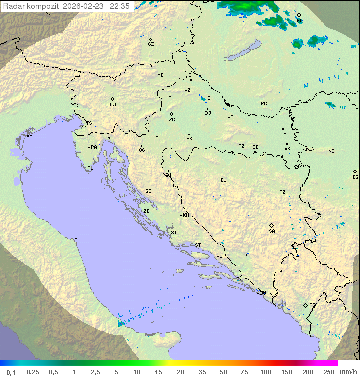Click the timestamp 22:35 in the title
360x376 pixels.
pos(120,6)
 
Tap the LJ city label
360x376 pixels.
pos(113,105)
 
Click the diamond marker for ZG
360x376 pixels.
pos(171,114)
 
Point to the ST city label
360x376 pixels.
pos(198,245)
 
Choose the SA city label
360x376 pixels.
pos(272,231)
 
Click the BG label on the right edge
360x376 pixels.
pos(355,177)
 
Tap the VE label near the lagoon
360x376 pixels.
pos(29,136)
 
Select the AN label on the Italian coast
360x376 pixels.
pos(77,240)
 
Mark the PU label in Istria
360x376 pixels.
pos(90,168)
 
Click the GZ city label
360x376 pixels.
pos(151,44)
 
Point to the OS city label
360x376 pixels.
pos(283,134)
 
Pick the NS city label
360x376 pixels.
pos(331,151)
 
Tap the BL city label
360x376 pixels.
pos(223,180)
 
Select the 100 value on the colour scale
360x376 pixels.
pos(265,372)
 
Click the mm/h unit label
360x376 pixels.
pos(347,372)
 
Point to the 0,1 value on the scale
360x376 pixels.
pos(11,372)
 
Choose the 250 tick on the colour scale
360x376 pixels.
pos(329,372)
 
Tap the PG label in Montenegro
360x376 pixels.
pos(312,305)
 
